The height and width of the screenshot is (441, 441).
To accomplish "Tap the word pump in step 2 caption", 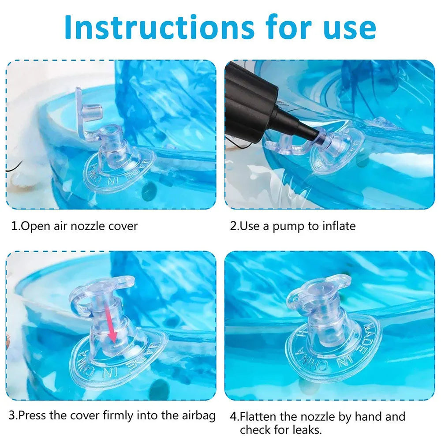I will click(x=289, y=227).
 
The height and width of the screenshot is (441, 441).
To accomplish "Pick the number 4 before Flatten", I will click(x=233, y=416).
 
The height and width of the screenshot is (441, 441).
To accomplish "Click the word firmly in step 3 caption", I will click(x=119, y=415).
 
